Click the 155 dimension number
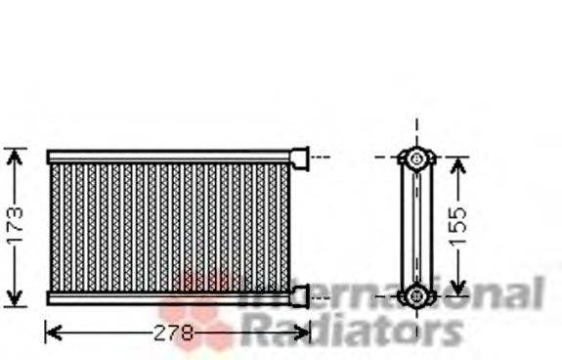(459, 225)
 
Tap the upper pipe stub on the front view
(299, 157)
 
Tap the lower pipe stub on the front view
(299, 295)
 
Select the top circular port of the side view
(417, 157)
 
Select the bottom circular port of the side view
(417, 293)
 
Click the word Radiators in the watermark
(351, 331)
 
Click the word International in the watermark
(391, 293)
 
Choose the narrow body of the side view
(417, 226)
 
